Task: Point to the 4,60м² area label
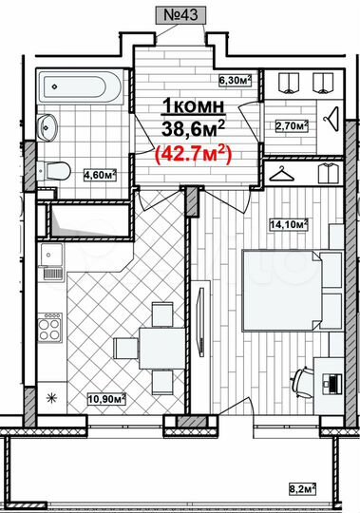[x=100, y=174]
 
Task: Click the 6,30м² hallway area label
[x=233, y=81]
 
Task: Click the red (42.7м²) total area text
[x=195, y=152]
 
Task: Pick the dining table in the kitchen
[x=142, y=345]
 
